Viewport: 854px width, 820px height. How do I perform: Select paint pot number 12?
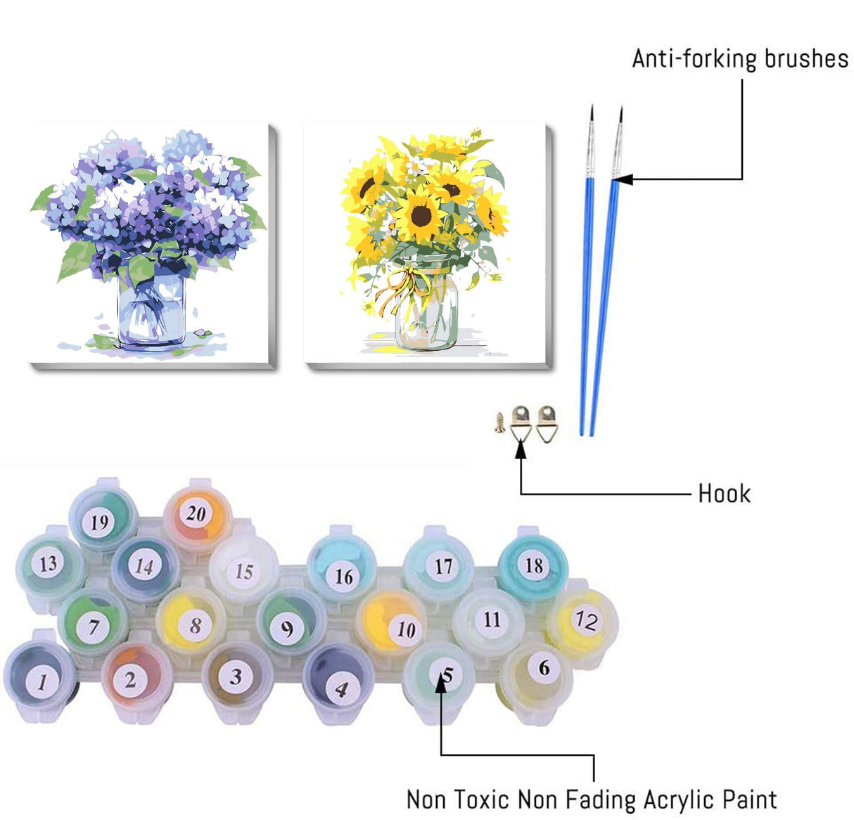click(x=583, y=620)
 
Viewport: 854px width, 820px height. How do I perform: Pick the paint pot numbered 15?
click(x=243, y=570)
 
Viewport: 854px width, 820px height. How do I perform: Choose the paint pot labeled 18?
click(x=534, y=565)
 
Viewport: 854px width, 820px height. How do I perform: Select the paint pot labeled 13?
click(x=48, y=564)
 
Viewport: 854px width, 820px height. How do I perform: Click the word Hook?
click(x=724, y=494)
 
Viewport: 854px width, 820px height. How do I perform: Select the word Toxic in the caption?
click(x=483, y=800)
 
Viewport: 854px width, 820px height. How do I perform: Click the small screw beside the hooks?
click(x=499, y=422)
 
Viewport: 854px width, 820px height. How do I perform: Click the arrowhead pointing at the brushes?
click(x=622, y=179)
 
